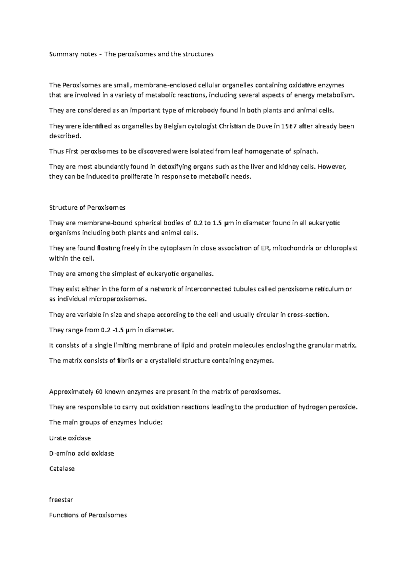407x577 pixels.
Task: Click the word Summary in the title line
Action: tap(59, 54)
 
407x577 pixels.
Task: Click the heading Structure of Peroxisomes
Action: tap(87, 208)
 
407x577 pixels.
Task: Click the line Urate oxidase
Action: tap(70, 438)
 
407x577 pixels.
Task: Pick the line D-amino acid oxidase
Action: tap(81, 454)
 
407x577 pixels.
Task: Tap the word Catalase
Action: tap(62, 469)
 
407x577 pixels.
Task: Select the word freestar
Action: tap(61, 500)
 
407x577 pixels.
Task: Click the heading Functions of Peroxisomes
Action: tap(88, 515)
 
